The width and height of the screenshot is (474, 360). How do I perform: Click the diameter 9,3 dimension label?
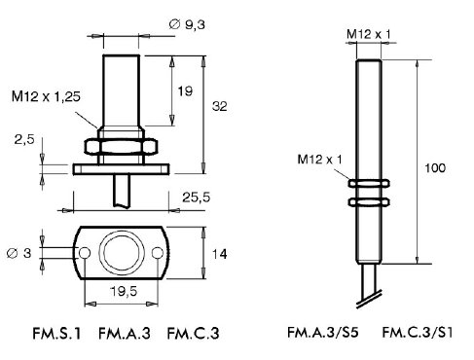click(187, 24)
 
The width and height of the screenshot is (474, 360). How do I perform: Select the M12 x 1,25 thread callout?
click(46, 96)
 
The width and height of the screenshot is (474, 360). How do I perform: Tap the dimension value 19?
click(185, 91)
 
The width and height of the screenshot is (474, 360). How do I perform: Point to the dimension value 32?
click(220, 106)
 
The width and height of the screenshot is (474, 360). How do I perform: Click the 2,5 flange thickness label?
click(24, 140)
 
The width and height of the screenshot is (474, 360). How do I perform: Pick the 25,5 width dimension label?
click(196, 198)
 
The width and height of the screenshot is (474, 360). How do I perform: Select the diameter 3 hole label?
click(19, 253)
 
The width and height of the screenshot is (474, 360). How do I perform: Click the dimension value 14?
click(219, 254)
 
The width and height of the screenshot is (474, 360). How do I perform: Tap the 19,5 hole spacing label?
click(124, 292)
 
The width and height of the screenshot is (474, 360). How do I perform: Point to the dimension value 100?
click(435, 168)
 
